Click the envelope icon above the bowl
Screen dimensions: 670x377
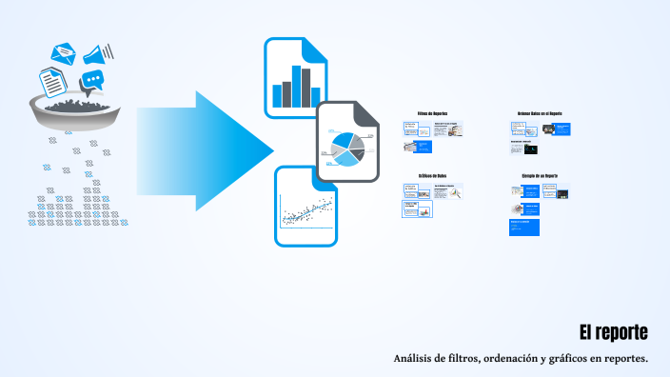pyautogui.click(x=65, y=52)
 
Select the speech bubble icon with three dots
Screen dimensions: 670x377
pyautogui.click(x=92, y=82)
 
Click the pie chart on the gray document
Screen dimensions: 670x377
pyautogui.click(x=345, y=147)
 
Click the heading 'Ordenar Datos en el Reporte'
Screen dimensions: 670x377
pyautogui.click(x=540, y=113)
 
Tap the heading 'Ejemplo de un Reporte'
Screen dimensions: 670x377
pyautogui.click(x=540, y=176)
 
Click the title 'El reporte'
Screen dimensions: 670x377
pyautogui.click(x=614, y=332)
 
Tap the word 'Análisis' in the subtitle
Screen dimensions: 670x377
pyautogui.click(x=414, y=358)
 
